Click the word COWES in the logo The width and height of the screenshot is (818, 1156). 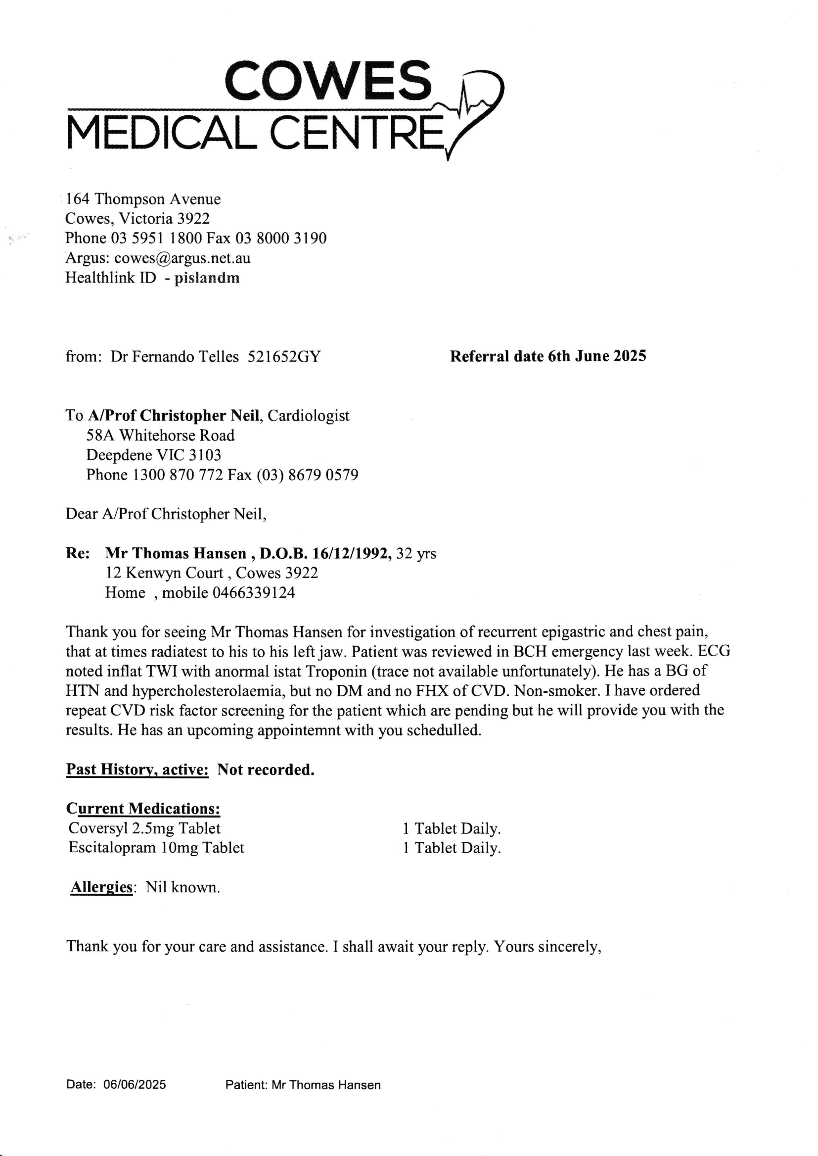(x=328, y=81)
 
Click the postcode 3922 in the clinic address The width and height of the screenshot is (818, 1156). (x=193, y=219)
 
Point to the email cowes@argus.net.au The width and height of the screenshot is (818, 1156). (x=182, y=258)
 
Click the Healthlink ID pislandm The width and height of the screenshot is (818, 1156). (x=207, y=278)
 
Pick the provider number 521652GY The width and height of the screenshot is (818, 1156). (x=284, y=357)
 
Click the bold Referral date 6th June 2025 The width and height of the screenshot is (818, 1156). (x=547, y=357)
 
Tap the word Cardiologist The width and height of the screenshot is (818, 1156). (x=308, y=416)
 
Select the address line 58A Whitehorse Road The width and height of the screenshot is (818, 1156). (x=160, y=435)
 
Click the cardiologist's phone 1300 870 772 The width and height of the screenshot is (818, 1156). (x=178, y=475)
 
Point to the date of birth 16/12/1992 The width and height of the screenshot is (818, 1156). (x=352, y=554)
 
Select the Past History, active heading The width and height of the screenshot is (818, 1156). (x=137, y=770)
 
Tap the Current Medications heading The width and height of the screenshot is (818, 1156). (x=143, y=809)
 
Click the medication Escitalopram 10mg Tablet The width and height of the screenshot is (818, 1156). (x=156, y=849)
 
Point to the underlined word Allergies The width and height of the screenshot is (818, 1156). (x=101, y=888)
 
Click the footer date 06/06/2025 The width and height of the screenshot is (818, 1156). (x=135, y=1085)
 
